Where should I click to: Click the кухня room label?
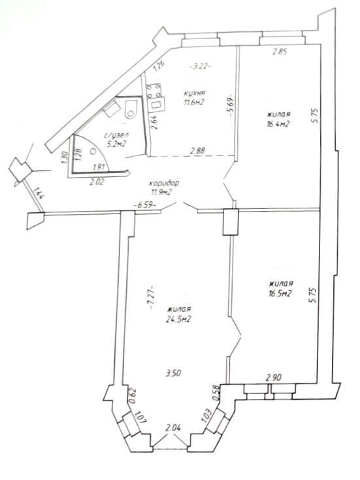194,93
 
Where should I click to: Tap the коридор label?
164,184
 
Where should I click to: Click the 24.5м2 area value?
178,319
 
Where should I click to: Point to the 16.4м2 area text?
278,124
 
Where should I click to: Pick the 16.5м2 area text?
279,294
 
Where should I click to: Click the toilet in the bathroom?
132,110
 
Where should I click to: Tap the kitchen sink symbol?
157,104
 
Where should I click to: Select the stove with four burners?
154,91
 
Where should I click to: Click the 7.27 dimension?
152,296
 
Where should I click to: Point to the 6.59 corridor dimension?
145,206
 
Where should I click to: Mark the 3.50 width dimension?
173,373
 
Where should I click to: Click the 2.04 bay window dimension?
173,428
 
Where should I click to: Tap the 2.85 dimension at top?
280,52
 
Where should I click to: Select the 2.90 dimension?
274,377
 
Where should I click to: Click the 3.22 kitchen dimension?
201,66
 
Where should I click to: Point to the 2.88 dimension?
197,151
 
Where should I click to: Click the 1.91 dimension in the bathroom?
99,167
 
